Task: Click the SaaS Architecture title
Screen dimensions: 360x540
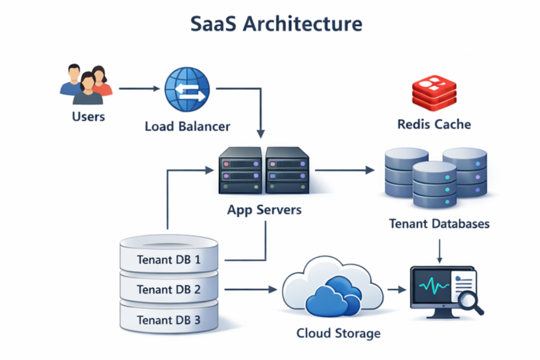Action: pyautogui.click(x=276, y=24)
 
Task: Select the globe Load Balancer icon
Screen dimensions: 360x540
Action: pyautogui.click(x=187, y=89)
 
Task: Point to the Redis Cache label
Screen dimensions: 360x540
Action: pyautogui.click(x=434, y=124)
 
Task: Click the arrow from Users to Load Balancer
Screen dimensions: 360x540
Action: pyautogui.click(x=139, y=89)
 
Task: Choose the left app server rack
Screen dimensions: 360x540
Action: pyautogui.click(x=240, y=171)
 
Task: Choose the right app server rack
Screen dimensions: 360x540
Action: pyautogui.click(x=287, y=171)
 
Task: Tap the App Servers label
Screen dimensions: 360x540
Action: pyautogui.click(x=264, y=210)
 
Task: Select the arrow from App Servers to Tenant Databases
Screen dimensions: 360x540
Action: pyautogui.click(x=345, y=170)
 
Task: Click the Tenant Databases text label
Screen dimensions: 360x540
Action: pyautogui.click(x=439, y=224)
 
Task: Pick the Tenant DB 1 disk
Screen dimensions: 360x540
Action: pyautogui.click(x=169, y=259)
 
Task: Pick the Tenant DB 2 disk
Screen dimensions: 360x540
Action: pyautogui.click(x=169, y=289)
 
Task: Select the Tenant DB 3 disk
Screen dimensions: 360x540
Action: pyautogui.click(x=169, y=320)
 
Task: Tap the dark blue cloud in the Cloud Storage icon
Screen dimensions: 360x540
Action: pyautogui.click(x=332, y=297)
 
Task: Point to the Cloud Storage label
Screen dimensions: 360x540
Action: pyautogui.click(x=338, y=333)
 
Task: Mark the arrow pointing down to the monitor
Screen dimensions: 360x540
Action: pyautogui.click(x=439, y=251)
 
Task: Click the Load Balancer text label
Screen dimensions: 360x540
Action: pyautogui.click(x=187, y=127)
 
